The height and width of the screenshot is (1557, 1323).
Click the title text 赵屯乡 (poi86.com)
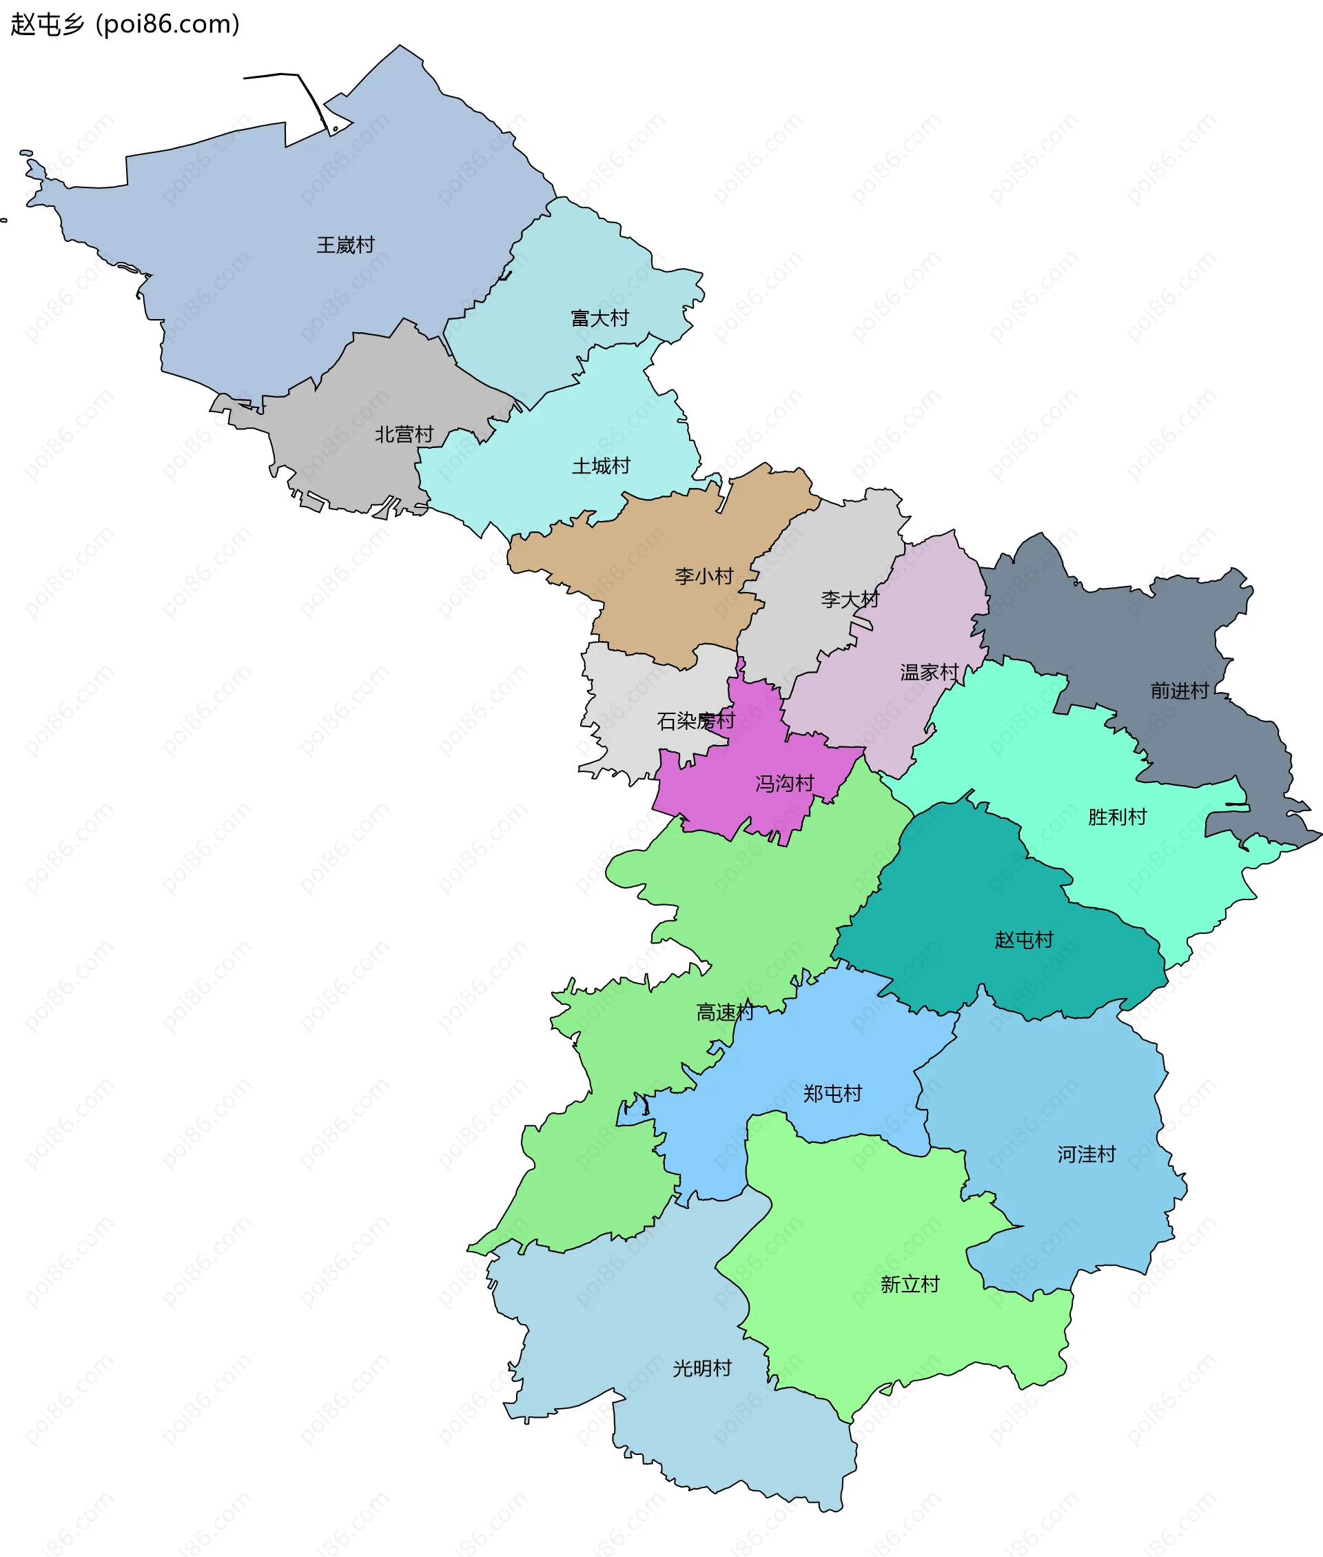pos(125,25)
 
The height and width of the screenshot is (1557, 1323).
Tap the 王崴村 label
pos(345,245)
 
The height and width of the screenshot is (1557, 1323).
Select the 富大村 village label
pos(599,318)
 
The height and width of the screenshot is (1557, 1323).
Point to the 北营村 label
pos(404,434)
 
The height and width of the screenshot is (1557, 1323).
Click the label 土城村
pos(601,467)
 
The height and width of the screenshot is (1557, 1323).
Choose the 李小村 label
pos(704,576)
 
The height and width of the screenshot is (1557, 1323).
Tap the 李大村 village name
pos(849,599)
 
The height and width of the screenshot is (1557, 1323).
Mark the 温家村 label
pos(930,672)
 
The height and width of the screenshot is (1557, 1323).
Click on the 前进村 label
pos(1179,690)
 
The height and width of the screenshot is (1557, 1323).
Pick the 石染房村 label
pos(695,721)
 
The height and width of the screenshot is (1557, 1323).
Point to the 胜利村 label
pos(1117,817)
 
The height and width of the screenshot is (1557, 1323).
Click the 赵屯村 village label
pos(1024,939)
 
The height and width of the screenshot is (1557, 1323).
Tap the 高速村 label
pos(724,1012)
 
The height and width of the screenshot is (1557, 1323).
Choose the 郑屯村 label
pos(832,1094)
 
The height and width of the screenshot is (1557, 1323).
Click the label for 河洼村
pos(1086,1154)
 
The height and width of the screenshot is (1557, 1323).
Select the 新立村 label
pos(910,1285)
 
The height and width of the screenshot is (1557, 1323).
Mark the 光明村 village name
pos(702,1369)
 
